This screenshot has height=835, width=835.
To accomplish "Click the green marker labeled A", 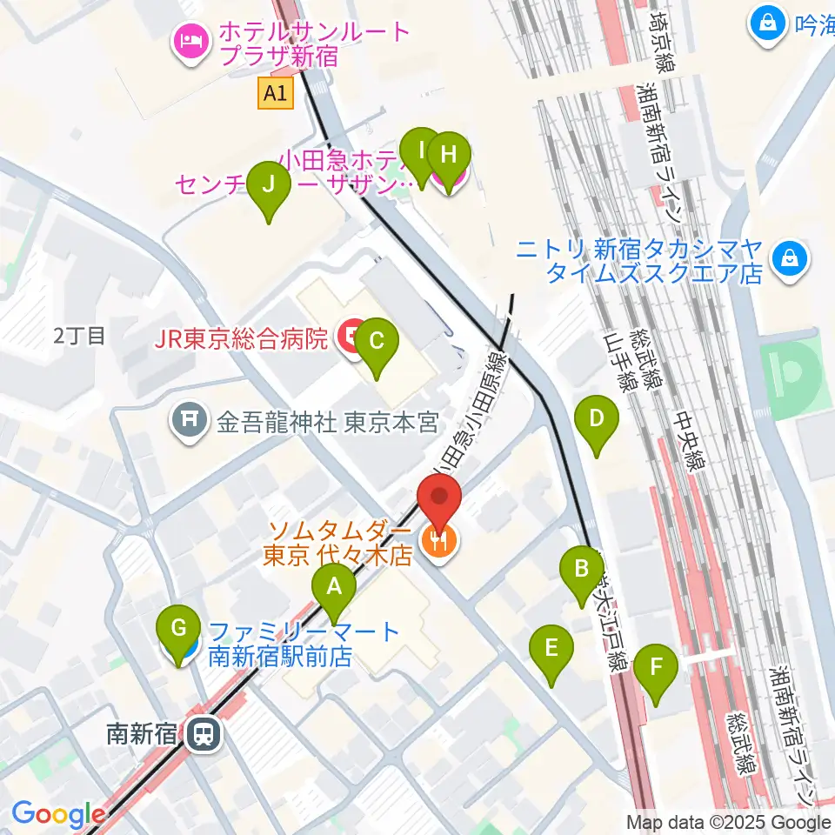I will (334, 589).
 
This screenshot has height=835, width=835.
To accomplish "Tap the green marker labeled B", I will (582, 571).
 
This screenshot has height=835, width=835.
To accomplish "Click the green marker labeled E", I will (551, 651).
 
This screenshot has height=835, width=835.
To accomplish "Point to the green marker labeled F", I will (657, 670).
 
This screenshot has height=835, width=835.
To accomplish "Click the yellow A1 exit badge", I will (276, 94).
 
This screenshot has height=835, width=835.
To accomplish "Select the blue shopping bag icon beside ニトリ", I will (789, 260).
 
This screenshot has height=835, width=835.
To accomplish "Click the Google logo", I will (58, 813).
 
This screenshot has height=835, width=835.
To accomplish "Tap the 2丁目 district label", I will (79, 336).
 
